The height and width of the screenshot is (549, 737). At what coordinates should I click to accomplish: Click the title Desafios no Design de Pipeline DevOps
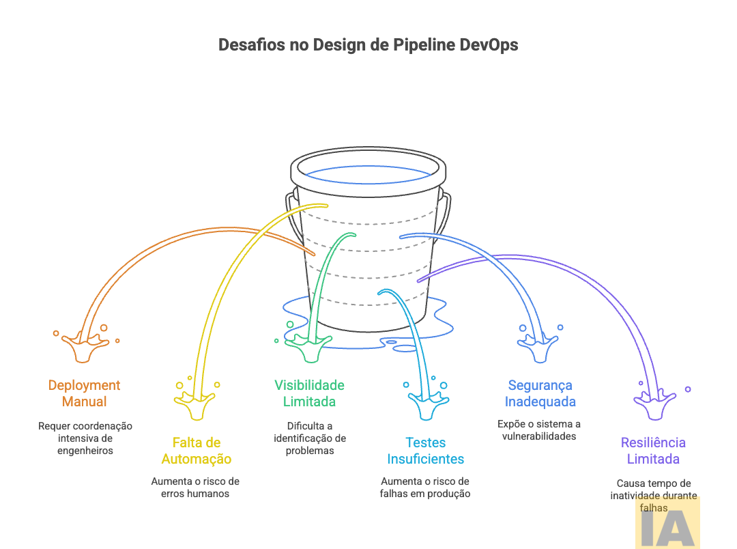(368, 45)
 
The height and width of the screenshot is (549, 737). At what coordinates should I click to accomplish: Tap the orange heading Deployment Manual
(84, 393)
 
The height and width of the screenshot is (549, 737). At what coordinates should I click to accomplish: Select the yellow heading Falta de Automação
(196, 451)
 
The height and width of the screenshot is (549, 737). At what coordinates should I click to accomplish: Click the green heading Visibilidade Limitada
(309, 393)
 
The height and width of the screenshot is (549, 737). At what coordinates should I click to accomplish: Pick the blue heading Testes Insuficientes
(425, 451)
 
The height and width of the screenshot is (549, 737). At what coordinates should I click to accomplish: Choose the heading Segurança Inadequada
(540, 393)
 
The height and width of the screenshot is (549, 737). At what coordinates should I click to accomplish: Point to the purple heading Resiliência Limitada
(653, 451)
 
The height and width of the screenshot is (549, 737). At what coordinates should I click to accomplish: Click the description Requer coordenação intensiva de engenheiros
(85, 438)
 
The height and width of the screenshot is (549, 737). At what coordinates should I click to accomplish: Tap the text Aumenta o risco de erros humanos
(195, 487)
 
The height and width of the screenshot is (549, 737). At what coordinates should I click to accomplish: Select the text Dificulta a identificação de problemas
(309, 438)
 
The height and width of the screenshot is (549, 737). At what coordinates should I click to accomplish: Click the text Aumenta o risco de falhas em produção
(424, 487)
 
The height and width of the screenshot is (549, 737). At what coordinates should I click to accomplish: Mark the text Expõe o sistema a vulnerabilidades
(539, 430)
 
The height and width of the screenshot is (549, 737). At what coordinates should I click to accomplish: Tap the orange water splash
(85, 345)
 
